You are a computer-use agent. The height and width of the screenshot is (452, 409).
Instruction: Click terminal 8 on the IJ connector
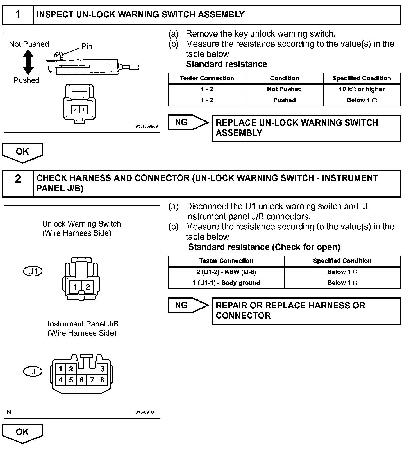pyautogui.click(x=102, y=380)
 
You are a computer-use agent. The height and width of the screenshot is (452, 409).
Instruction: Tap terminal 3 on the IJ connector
pyautogui.click(x=102, y=369)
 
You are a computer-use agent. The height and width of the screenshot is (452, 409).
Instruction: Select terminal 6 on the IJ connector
pyautogui.click(x=81, y=380)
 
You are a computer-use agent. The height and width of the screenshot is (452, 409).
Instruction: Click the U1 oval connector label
pyautogui.click(x=33, y=271)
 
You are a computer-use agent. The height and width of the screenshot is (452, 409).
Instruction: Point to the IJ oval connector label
pyautogui.click(x=33, y=371)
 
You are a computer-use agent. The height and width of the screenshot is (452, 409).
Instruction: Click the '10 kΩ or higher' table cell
pyautogui.click(x=362, y=89)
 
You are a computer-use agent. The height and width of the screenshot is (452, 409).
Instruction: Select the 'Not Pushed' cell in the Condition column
pyautogui.click(x=284, y=89)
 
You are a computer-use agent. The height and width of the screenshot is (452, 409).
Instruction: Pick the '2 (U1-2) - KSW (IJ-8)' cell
pyautogui.click(x=226, y=272)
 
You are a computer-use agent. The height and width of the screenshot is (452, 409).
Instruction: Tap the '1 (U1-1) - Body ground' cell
pyautogui.click(x=226, y=283)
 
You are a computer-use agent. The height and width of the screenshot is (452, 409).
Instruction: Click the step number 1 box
pyautogui.click(x=18, y=15)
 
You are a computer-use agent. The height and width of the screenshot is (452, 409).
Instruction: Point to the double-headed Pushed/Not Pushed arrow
pyautogui.click(x=28, y=62)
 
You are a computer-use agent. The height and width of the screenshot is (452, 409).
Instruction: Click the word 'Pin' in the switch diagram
pyautogui.click(x=87, y=46)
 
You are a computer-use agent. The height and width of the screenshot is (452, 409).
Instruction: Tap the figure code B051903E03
pyautogui.click(x=146, y=127)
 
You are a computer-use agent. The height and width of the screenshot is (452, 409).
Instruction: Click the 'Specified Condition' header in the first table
pyautogui.click(x=362, y=78)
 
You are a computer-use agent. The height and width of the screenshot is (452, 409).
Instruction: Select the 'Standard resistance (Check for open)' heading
pyautogui.click(x=264, y=247)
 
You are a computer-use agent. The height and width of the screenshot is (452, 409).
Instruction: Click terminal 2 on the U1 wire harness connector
pyautogui.click(x=88, y=287)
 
